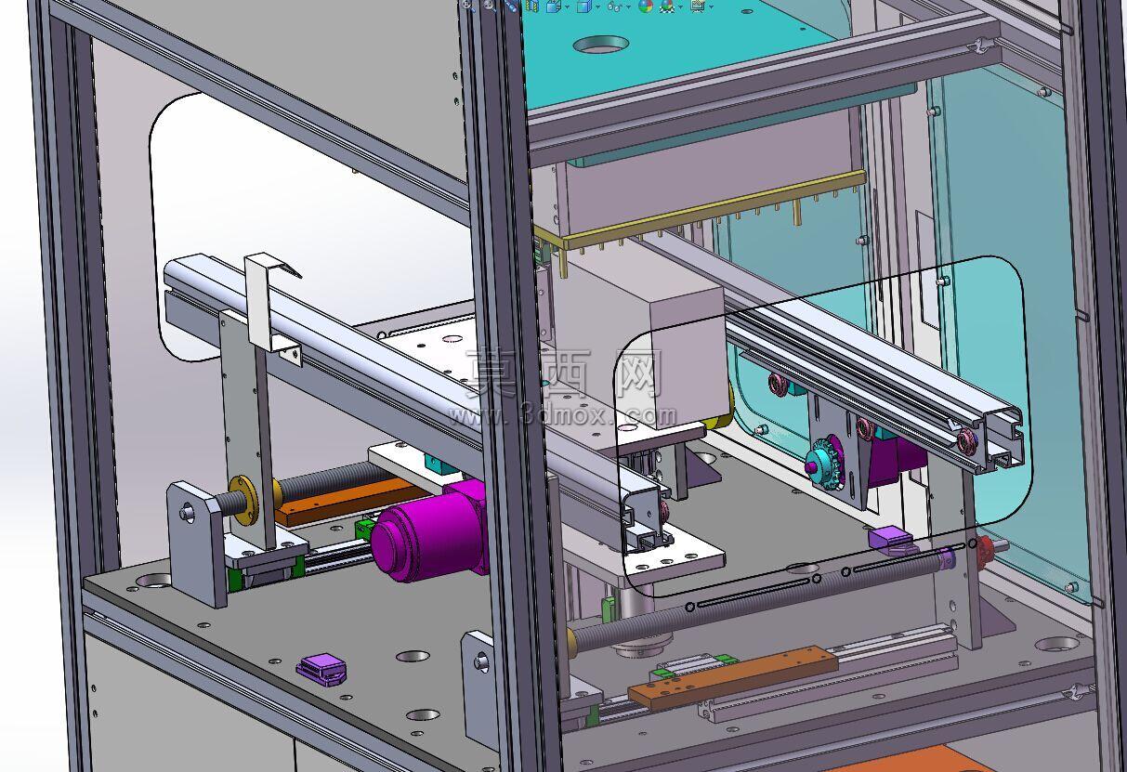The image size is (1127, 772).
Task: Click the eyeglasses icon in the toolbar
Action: tap(614, 6)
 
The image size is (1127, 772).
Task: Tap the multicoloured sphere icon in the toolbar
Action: tap(645, 6)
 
